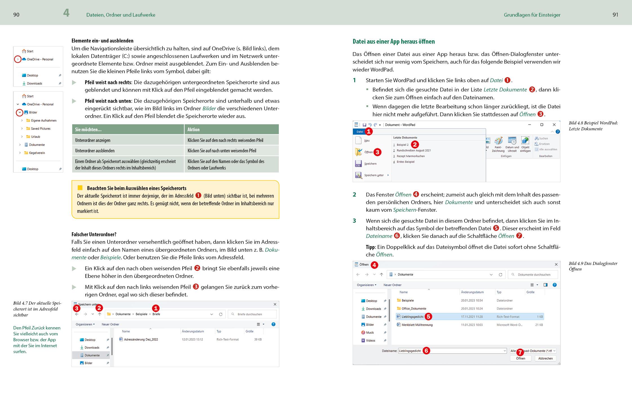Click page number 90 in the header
[16, 15]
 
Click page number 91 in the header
[615, 15]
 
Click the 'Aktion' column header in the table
[193, 130]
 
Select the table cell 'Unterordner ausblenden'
[95, 151]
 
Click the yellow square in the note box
[80, 188]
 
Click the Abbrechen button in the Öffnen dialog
[545, 358]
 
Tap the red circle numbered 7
[520, 352]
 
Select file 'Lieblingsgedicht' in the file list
[412, 317]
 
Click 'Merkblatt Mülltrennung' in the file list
[417, 325]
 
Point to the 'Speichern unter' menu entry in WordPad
[373, 175]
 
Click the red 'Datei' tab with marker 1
[360, 132]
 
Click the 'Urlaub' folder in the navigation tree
[35, 137]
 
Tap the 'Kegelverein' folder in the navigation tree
[37, 153]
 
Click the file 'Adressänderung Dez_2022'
[141, 340]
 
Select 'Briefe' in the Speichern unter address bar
[156, 314]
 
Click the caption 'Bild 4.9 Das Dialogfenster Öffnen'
[593, 266]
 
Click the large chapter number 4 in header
[66, 13]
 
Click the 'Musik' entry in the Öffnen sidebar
[370, 333]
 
